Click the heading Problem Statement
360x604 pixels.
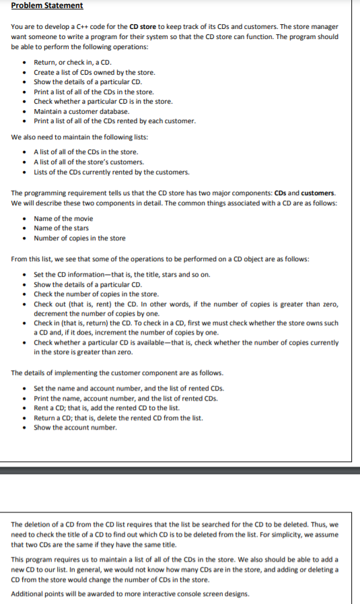point(47,5)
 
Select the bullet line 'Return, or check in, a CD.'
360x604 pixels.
point(74,63)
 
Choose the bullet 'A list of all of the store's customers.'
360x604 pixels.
point(89,162)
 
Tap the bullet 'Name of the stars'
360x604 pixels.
point(61,228)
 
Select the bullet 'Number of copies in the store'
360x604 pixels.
point(79,238)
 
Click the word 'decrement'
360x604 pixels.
point(52,313)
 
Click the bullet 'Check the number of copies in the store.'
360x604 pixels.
point(96,294)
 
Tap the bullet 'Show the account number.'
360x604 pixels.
point(75,428)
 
